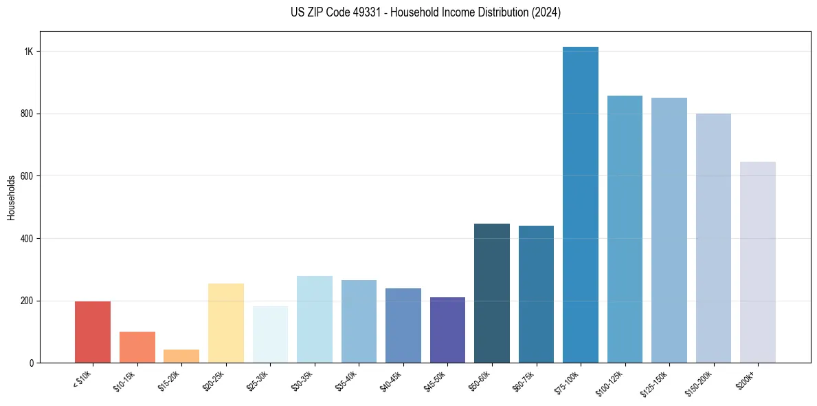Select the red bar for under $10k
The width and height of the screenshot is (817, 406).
point(93,332)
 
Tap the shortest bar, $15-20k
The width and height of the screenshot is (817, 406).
point(181,356)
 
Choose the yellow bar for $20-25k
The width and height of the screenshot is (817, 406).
point(225,323)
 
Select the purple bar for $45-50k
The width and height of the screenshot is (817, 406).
point(447,330)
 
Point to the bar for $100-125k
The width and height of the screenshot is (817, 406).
point(625,229)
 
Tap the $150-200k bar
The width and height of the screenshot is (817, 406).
point(713,238)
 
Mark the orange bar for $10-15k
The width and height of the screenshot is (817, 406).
point(137,347)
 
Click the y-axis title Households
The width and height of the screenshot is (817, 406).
point(11,197)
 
